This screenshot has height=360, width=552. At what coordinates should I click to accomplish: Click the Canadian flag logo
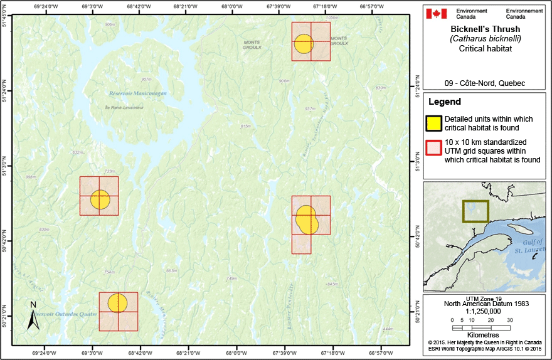click(438, 13)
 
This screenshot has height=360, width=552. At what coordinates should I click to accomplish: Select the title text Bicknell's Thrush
click(486, 29)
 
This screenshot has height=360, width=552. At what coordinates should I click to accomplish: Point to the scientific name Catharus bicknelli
click(486, 38)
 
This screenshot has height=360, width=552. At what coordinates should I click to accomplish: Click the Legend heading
click(444, 102)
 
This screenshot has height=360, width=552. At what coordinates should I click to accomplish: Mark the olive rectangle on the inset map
click(475, 211)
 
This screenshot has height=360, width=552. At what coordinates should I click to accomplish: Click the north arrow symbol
click(33, 315)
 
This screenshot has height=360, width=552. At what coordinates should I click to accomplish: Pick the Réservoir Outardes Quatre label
click(65, 314)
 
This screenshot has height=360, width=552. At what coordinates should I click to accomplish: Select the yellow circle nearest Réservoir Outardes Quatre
click(117, 303)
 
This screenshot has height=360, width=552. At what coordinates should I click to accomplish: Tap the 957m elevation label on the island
click(147, 80)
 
